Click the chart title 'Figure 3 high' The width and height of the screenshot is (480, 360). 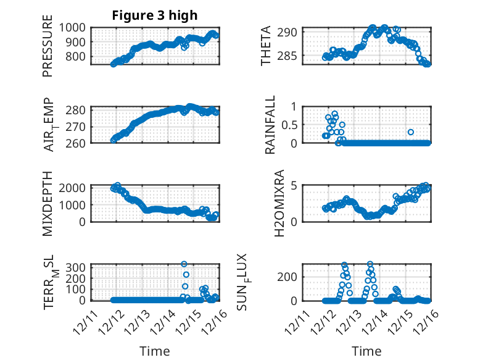pos(155,15)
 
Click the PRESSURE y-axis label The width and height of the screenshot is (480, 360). pos(48,46)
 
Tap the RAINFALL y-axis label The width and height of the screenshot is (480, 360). pos(270,124)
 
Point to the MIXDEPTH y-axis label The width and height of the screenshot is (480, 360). pos(48,203)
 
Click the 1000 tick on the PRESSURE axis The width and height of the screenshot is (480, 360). pos(77,27)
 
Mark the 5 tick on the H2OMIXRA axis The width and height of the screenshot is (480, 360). pos(295,185)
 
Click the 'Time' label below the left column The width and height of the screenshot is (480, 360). pos(155,351)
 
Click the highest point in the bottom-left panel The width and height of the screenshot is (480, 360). pos(184,264)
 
